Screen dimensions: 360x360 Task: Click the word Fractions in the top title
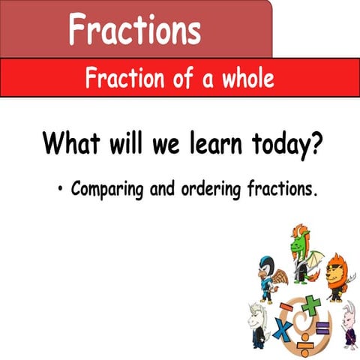(135, 30)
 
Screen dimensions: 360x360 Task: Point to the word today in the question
(277, 142)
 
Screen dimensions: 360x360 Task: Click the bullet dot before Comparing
(58, 188)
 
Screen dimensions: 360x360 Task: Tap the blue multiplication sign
(283, 329)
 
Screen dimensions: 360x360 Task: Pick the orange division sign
(304, 346)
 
